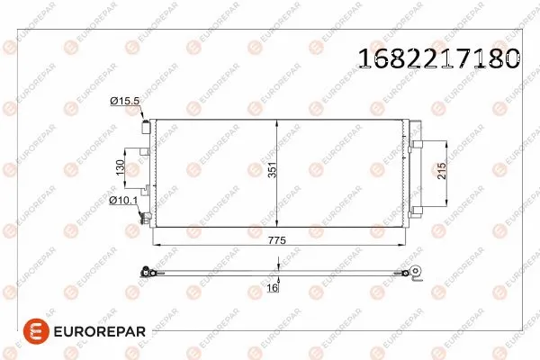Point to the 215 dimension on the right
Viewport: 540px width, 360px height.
(x=441, y=172)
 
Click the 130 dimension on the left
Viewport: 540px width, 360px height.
(x=118, y=167)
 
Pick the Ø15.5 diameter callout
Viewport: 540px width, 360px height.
(x=124, y=102)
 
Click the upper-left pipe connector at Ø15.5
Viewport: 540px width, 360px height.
(x=145, y=129)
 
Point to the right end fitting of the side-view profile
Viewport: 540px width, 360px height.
(x=415, y=272)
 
